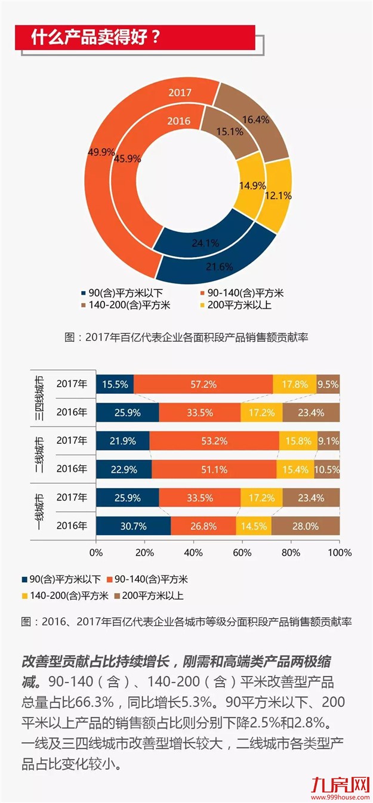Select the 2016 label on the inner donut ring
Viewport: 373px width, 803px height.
(x=178, y=121)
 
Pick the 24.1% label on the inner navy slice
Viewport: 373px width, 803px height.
(x=205, y=243)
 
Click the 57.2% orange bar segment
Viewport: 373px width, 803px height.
(x=204, y=385)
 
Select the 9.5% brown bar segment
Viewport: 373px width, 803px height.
(x=328, y=385)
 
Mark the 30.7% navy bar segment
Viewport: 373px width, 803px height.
(x=133, y=526)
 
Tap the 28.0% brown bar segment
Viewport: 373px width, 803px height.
(x=306, y=526)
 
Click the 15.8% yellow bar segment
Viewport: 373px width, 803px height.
(x=298, y=441)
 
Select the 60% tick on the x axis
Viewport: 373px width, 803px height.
(x=242, y=552)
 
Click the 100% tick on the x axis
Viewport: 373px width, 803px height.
(x=338, y=552)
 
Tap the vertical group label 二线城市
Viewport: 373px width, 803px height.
(x=39, y=455)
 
